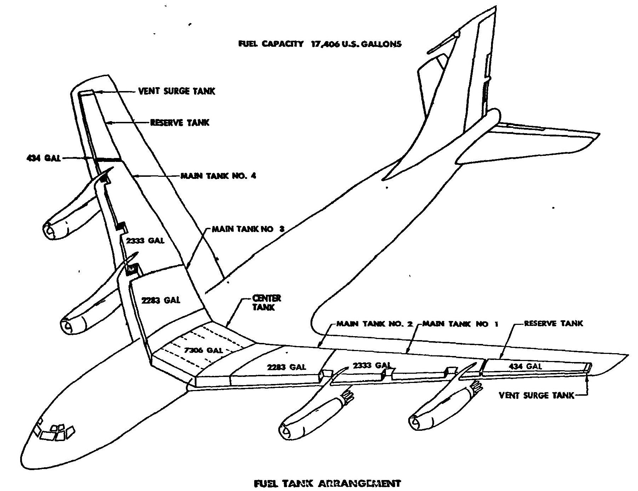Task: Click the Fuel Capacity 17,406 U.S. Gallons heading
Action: click(x=320, y=44)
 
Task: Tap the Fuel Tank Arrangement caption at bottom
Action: click(x=327, y=483)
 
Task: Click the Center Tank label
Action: click(x=266, y=303)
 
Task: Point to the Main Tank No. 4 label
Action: click(x=218, y=176)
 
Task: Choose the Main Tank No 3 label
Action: click(x=248, y=229)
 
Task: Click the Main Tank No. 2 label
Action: click(x=374, y=324)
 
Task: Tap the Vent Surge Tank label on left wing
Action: click(x=176, y=91)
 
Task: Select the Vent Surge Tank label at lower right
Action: click(x=536, y=395)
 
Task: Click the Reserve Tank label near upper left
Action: click(x=180, y=123)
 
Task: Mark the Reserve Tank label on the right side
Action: click(x=553, y=323)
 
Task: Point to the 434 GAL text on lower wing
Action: click(x=525, y=366)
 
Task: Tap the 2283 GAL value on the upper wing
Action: click(x=160, y=300)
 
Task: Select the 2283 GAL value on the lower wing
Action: click(x=286, y=367)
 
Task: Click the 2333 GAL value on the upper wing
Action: click(x=145, y=241)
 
